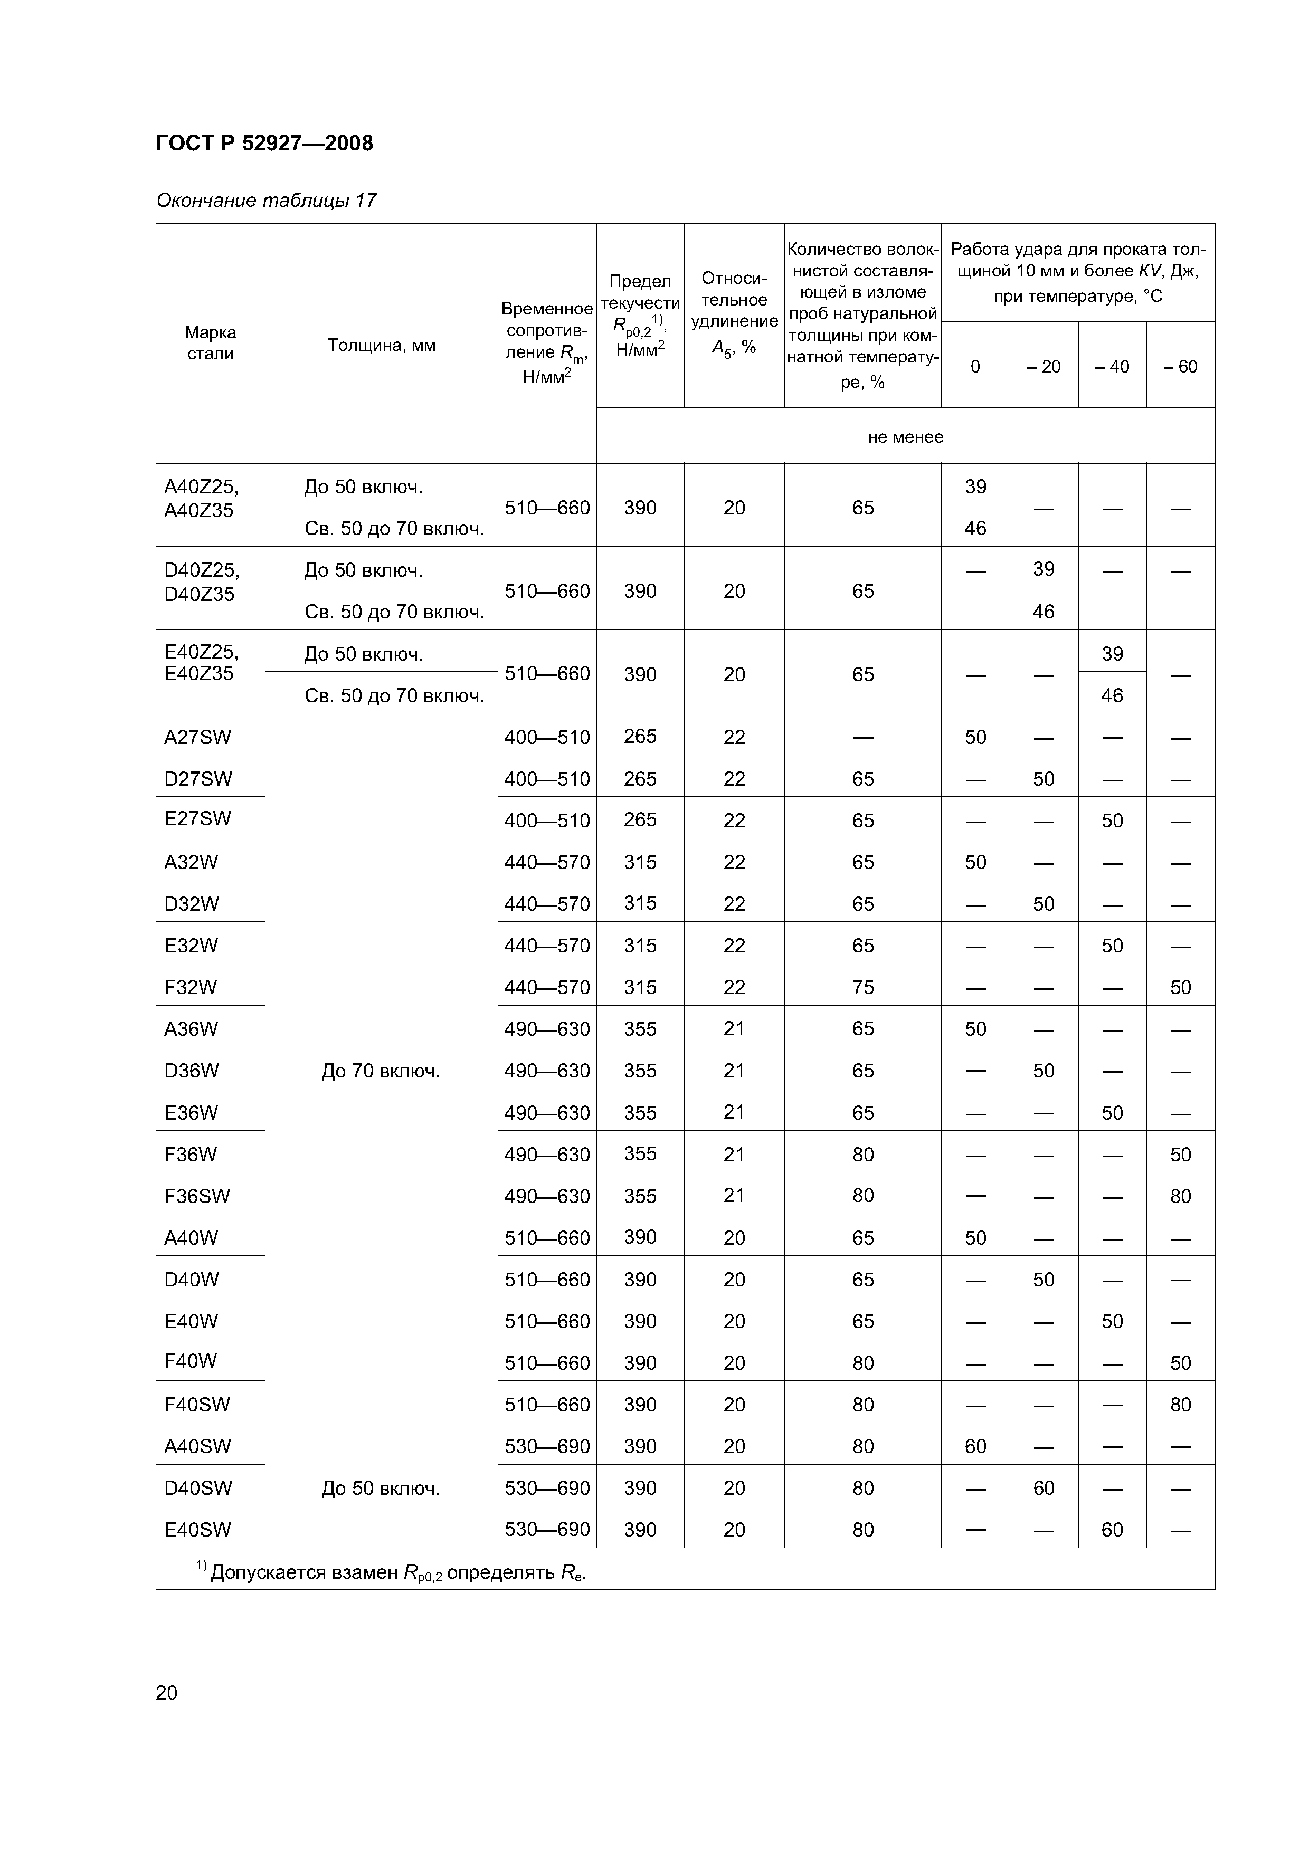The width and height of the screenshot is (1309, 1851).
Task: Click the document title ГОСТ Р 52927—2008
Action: [264, 144]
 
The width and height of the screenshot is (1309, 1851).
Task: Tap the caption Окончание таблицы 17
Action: [266, 200]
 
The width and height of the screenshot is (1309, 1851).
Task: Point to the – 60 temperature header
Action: [1180, 367]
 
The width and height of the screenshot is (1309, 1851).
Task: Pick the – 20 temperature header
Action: [1044, 367]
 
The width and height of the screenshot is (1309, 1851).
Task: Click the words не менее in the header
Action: [905, 437]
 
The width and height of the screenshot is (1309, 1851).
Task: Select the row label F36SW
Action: [197, 1196]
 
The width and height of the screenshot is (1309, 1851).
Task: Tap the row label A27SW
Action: [197, 737]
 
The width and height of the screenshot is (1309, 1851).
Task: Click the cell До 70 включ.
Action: [381, 1072]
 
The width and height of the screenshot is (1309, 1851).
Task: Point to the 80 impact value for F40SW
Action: [1180, 1405]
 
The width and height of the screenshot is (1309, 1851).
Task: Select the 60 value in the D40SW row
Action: [1044, 1488]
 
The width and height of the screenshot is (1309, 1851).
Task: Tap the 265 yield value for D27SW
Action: [640, 779]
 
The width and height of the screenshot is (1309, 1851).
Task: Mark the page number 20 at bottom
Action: [167, 1692]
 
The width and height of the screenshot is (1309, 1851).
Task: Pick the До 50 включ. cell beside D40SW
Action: [381, 1488]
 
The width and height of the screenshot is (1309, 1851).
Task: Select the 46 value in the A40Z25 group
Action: [975, 528]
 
